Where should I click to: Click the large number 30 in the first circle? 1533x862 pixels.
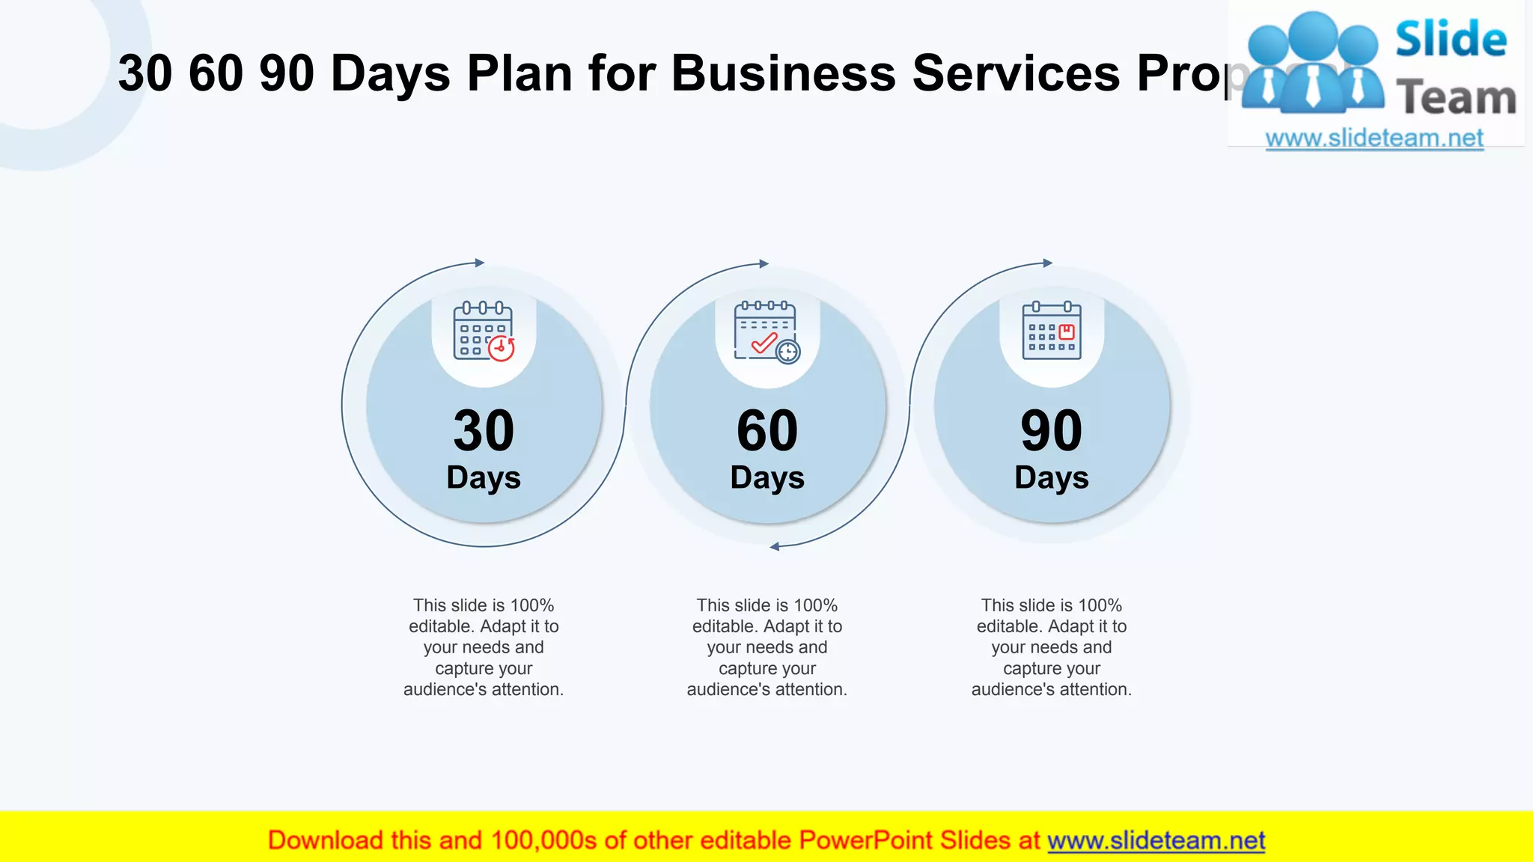tap(484, 431)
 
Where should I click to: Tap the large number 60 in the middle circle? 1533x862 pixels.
tap(767, 431)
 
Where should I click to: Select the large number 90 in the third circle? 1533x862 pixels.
tap(1051, 431)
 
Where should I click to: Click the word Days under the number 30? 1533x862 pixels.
tap(484, 478)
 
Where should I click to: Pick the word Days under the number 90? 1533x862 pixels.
tap(1051, 478)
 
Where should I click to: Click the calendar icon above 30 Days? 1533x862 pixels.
tap(483, 331)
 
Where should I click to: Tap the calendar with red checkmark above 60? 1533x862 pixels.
tap(766, 331)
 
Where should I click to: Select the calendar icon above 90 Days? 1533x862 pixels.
tap(1052, 331)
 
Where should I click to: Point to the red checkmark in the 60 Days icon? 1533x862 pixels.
tap(764, 343)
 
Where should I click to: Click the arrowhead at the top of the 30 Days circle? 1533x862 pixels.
tap(480, 263)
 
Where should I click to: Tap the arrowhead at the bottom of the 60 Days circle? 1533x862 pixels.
tap(775, 547)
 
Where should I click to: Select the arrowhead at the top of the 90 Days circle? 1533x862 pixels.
tap(1048, 263)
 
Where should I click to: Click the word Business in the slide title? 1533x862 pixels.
tap(783, 73)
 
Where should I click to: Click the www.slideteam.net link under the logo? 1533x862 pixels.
tap(1374, 138)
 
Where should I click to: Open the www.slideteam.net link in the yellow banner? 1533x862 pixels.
tap(1156, 840)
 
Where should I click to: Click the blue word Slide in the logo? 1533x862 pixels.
tap(1451, 39)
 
